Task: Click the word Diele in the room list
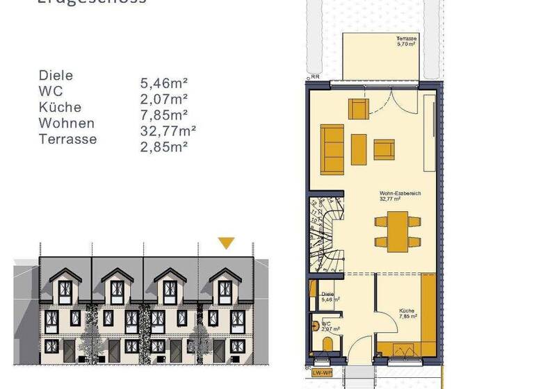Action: pyautogui.click(x=56, y=76)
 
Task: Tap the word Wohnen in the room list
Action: pyautogui.click(x=67, y=124)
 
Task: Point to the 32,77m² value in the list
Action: pyautogui.click(x=168, y=131)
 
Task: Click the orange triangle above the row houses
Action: pyautogui.click(x=226, y=242)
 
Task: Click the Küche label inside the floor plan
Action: pyautogui.click(x=407, y=311)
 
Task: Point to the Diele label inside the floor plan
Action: pyautogui.click(x=328, y=295)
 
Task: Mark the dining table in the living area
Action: pyautogui.click(x=397, y=231)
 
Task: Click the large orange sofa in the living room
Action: pyautogui.click(x=332, y=149)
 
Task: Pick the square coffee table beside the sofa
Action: pyautogui.click(x=359, y=149)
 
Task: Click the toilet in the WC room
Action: pyautogui.click(x=327, y=344)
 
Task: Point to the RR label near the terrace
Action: pyautogui.click(x=315, y=78)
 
